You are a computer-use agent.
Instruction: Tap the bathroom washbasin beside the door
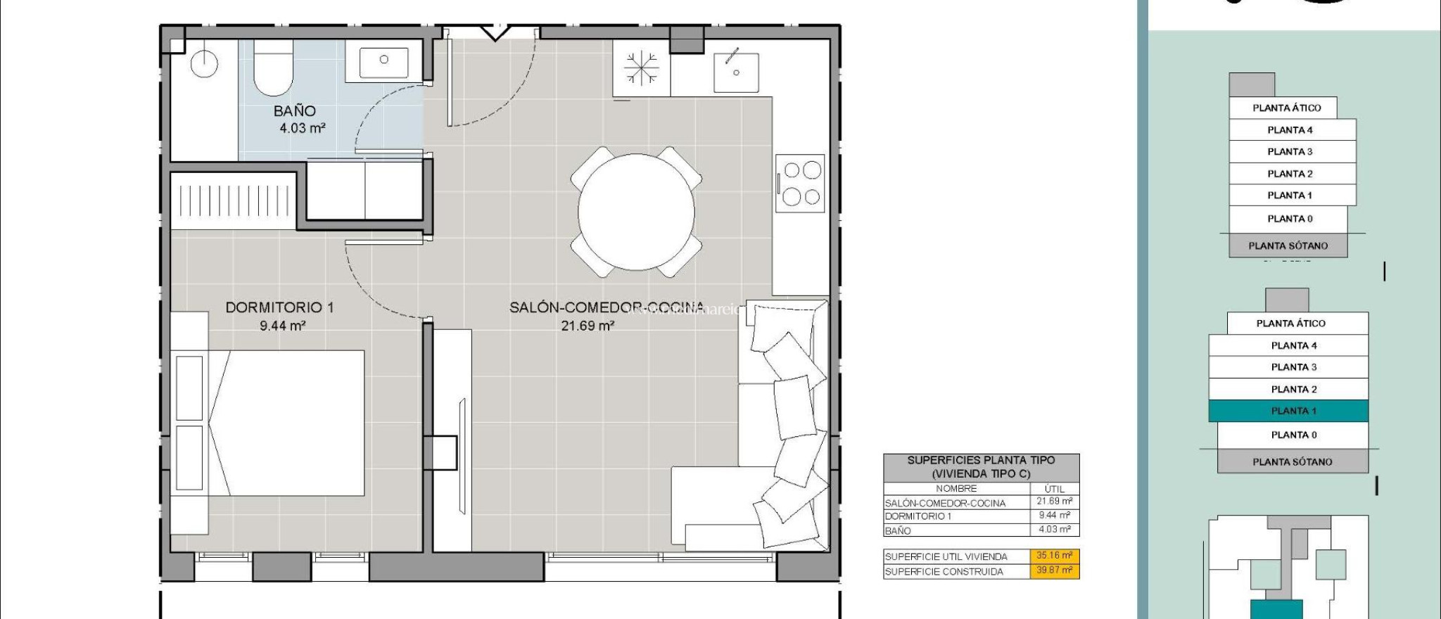coord(383,63)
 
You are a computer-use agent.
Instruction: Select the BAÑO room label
coord(294,111)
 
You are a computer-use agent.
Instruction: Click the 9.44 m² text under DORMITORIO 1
coord(282,326)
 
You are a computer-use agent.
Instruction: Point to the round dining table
coord(636,212)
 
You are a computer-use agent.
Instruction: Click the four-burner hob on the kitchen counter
coord(801,183)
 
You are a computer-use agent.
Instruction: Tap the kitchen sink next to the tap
coord(736,72)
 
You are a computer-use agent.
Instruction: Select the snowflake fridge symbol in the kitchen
coord(641,68)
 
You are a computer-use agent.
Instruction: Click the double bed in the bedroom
coord(296,423)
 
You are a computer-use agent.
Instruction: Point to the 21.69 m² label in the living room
coord(588,326)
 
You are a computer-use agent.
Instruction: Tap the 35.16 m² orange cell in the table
coord(1054,556)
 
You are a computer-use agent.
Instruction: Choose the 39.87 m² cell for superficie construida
coord(1054,570)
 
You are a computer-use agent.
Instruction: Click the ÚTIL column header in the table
coord(1054,488)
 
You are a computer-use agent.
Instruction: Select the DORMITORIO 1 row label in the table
coord(918,516)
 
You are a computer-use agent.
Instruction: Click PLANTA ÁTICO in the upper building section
coord(1286,108)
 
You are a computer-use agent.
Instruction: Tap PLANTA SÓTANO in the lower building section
coord(1292,462)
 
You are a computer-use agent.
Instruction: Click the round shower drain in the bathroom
coord(203,64)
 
